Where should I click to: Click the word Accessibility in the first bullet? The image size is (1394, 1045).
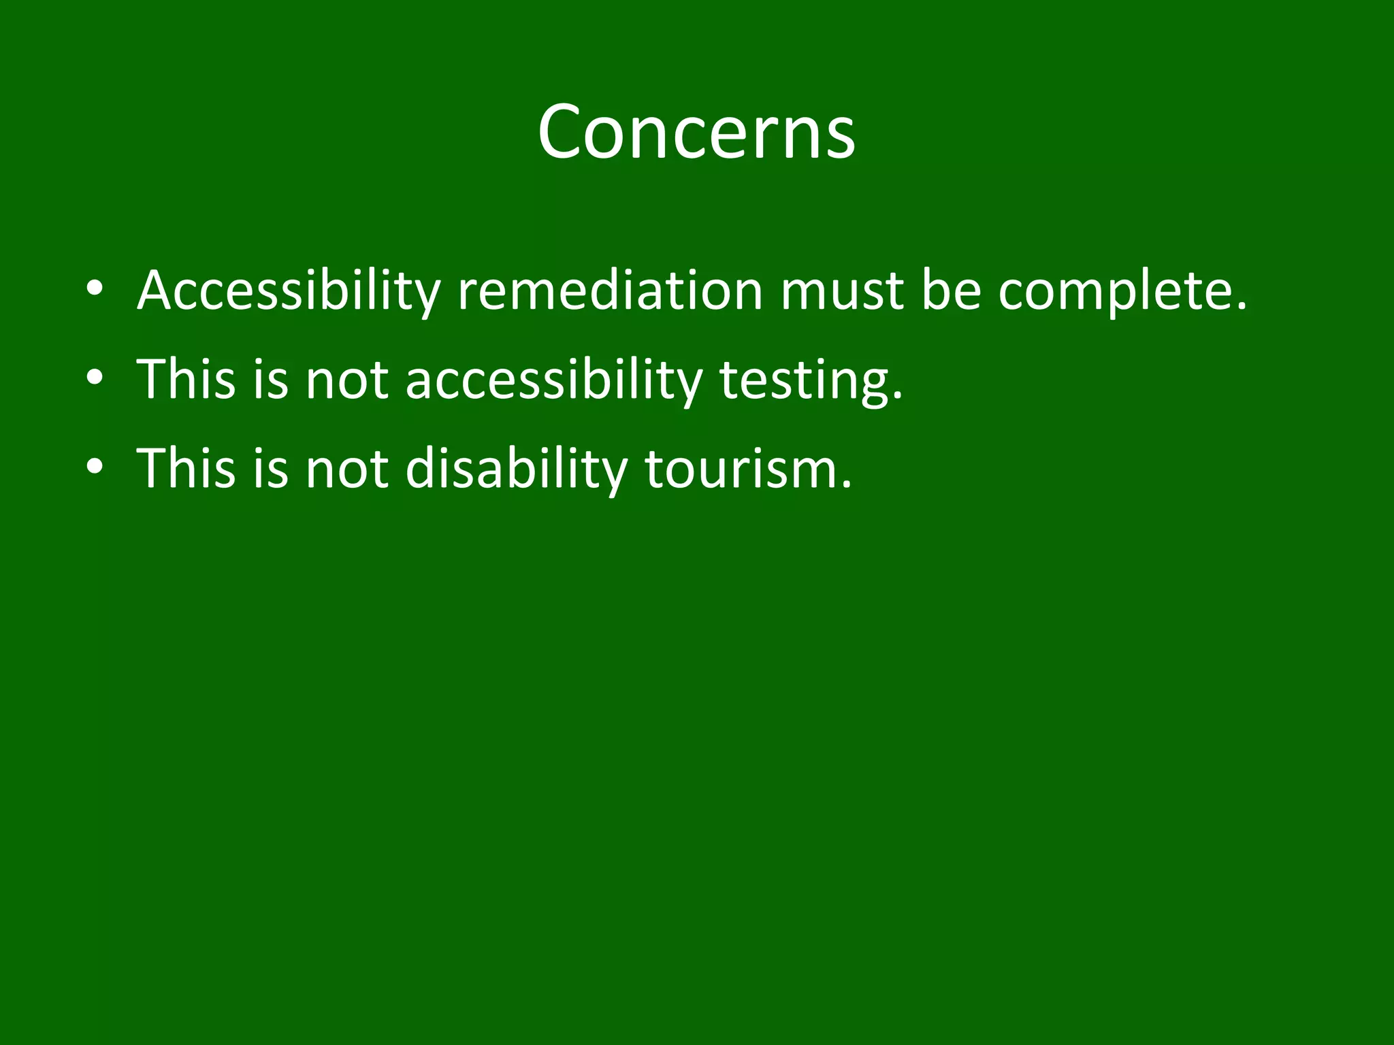(289, 291)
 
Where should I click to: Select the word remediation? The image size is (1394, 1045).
(610, 291)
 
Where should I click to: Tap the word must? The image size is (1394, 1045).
(842, 291)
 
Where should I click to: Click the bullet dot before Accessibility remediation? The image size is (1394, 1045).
(95, 288)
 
